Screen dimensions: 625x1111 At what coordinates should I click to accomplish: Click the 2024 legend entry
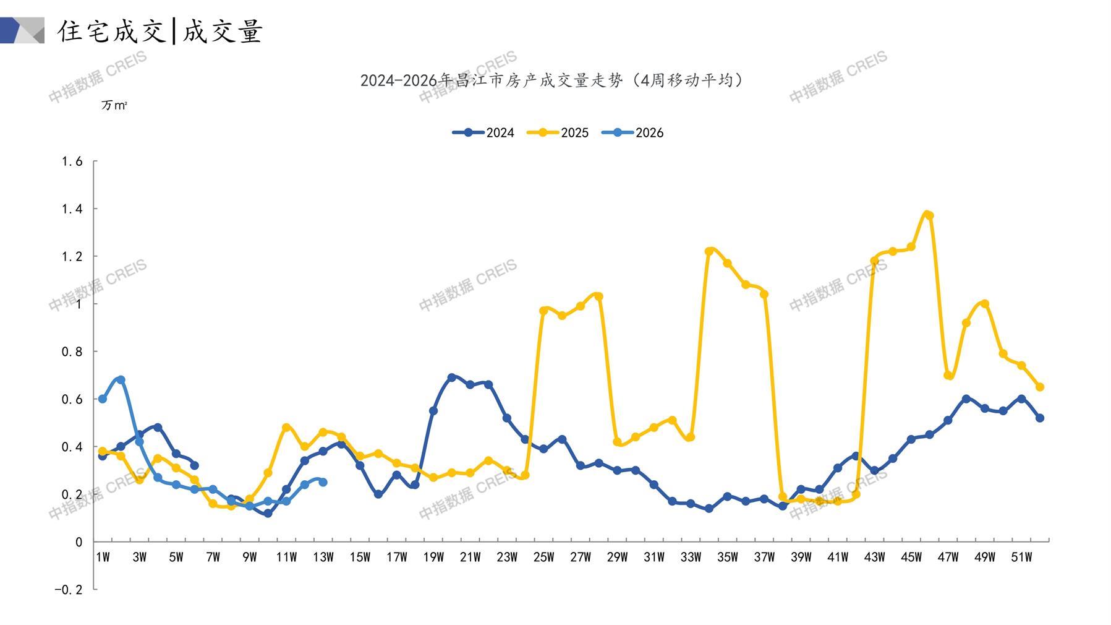pyautogui.click(x=483, y=132)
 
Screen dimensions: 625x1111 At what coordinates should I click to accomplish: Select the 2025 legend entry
pyautogui.click(x=558, y=132)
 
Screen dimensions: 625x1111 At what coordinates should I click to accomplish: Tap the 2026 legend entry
pyautogui.click(x=632, y=132)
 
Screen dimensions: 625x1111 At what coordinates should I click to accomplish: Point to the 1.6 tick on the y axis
pyautogui.click(x=72, y=162)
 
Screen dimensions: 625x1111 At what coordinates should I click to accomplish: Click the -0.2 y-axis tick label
pyautogui.click(x=68, y=590)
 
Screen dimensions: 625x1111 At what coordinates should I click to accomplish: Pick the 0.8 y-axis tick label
pyautogui.click(x=72, y=351)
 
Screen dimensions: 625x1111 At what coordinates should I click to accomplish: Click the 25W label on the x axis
pyautogui.click(x=543, y=558)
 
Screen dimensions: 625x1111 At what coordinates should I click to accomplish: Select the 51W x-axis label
pyautogui.click(x=1021, y=558)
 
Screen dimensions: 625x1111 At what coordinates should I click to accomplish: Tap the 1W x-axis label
pyautogui.click(x=103, y=558)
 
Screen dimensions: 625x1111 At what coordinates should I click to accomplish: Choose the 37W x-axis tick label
pyautogui.click(x=764, y=558)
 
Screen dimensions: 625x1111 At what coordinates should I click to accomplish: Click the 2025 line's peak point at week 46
pyautogui.click(x=928, y=215)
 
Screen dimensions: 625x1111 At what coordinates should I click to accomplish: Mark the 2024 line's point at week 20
pyautogui.click(x=451, y=377)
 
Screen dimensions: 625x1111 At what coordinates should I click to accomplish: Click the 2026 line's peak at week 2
pyautogui.click(x=121, y=380)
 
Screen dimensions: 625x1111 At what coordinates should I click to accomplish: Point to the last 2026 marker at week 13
pyautogui.click(x=323, y=482)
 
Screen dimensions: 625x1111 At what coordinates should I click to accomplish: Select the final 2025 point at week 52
pyautogui.click(x=1040, y=387)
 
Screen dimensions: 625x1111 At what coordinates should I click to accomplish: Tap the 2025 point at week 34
pyautogui.click(x=709, y=251)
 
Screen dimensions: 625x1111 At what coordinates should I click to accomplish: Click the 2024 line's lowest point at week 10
pyautogui.click(x=268, y=514)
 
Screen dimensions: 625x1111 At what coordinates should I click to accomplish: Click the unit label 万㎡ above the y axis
pyautogui.click(x=114, y=106)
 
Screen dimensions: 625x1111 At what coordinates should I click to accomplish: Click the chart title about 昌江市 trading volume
pyautogui.click(x=551, y=80)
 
